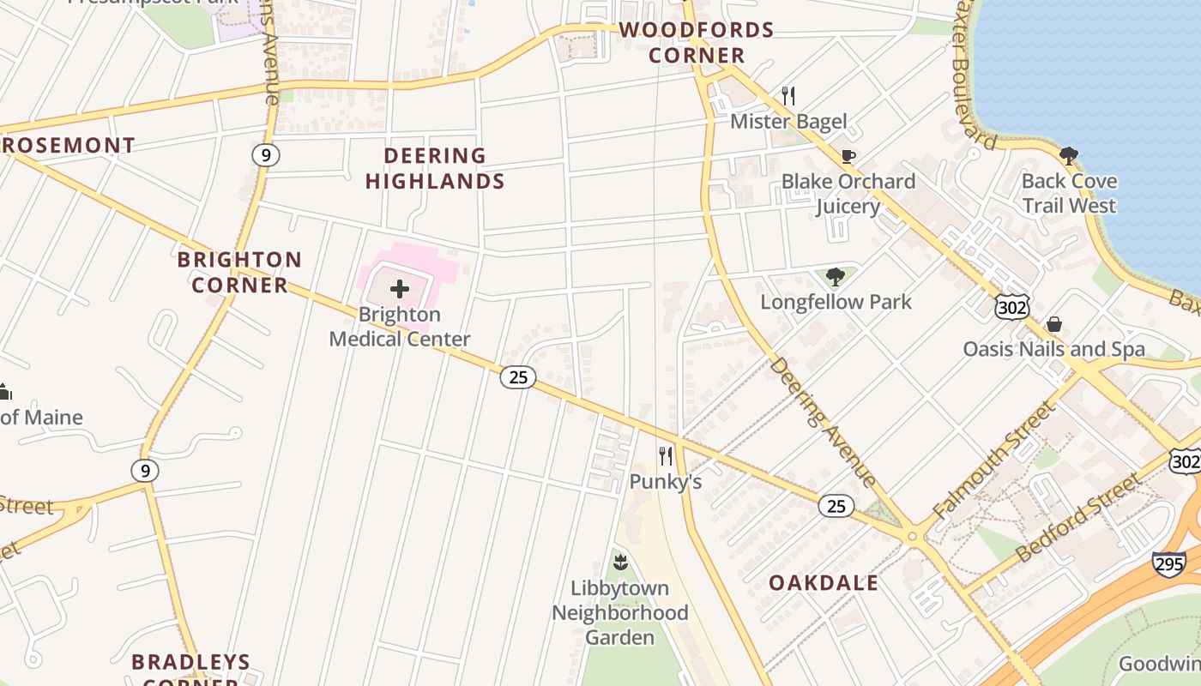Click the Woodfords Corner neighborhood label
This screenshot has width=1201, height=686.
(696, 43)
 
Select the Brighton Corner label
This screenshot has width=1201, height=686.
(239, 272)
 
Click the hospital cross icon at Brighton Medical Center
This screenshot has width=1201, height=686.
(400, 289)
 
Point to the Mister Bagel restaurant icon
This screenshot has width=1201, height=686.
(788, 95)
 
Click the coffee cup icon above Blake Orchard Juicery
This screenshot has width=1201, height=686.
(848, 156)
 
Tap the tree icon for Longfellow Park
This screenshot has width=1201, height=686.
(835, 276)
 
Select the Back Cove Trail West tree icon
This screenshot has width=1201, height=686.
(1068, 156)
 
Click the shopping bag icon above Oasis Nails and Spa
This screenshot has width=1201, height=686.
(1054, 324)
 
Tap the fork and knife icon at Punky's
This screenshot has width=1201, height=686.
(666, 455)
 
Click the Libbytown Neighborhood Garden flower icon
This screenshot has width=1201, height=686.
(620, 563)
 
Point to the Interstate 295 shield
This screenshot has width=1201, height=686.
(1169, 563)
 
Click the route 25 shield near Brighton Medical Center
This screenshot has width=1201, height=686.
(518, 376)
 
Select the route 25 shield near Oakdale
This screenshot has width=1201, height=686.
(836, 506)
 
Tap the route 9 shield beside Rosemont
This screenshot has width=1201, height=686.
(266, 154)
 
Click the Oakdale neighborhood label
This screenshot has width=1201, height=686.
(823, 583)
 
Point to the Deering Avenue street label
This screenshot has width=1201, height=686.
(822, 421)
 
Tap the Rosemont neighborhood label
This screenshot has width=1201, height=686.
(69, 145)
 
